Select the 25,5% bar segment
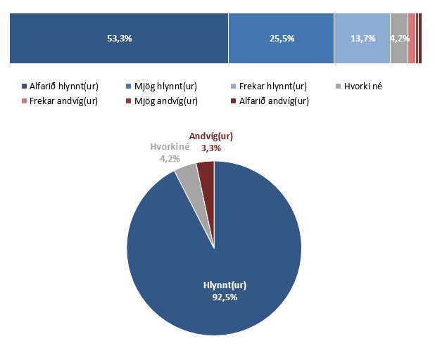click(x=281, y=39)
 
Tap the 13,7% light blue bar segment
click(x=361, y=39)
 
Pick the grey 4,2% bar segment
click(x=398, y=39)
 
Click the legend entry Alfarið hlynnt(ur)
click(x=60, y=86)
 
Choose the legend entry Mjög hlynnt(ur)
click(x=166, y=86)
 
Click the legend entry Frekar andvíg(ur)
click(x=60, y=101)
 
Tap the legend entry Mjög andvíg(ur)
click(x=166, y=101)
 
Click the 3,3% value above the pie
click(x=211, y=148)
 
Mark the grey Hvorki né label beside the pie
click(x=166, y=148)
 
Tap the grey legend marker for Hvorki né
click(x=338, y=86)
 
